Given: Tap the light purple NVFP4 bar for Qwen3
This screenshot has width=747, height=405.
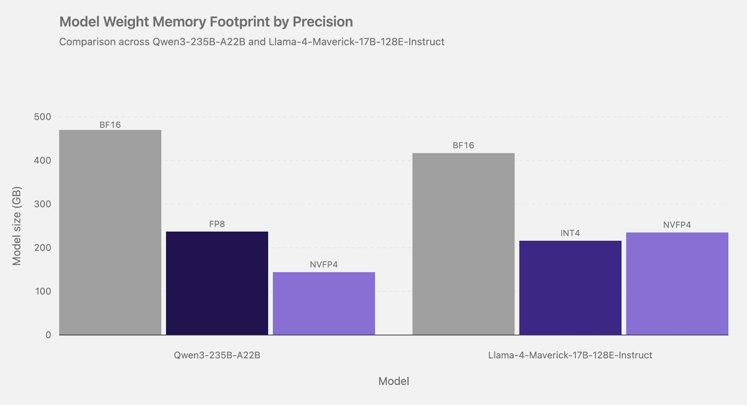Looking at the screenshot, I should (324, 304).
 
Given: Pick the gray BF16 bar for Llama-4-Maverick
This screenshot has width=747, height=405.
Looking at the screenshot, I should (464, 244).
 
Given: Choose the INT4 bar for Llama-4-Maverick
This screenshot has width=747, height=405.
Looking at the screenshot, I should (570, 288).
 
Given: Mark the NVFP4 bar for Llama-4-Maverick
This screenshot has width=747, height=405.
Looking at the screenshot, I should (677, 283).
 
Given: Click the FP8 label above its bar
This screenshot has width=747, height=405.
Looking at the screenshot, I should (217, 224).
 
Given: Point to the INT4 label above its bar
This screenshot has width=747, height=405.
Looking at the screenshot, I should (570, 233).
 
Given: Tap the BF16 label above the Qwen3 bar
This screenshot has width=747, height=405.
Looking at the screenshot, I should (110, 125).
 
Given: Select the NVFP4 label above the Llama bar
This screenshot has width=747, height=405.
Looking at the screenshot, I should (677, 225).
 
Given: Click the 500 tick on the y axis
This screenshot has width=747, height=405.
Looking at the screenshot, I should (42, 117).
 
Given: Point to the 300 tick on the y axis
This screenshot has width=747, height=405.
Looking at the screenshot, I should (42, 204).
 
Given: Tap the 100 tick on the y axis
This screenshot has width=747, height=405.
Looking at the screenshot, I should (42, 291).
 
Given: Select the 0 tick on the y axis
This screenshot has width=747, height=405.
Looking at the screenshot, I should (49, 335).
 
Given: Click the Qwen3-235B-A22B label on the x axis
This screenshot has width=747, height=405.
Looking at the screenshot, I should (217, 355).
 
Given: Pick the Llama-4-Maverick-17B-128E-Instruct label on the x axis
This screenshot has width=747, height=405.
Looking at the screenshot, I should (570, 355).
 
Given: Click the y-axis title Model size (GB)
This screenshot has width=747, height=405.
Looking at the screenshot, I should (17, 226).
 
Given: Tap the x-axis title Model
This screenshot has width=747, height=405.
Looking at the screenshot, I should (394, 381).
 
